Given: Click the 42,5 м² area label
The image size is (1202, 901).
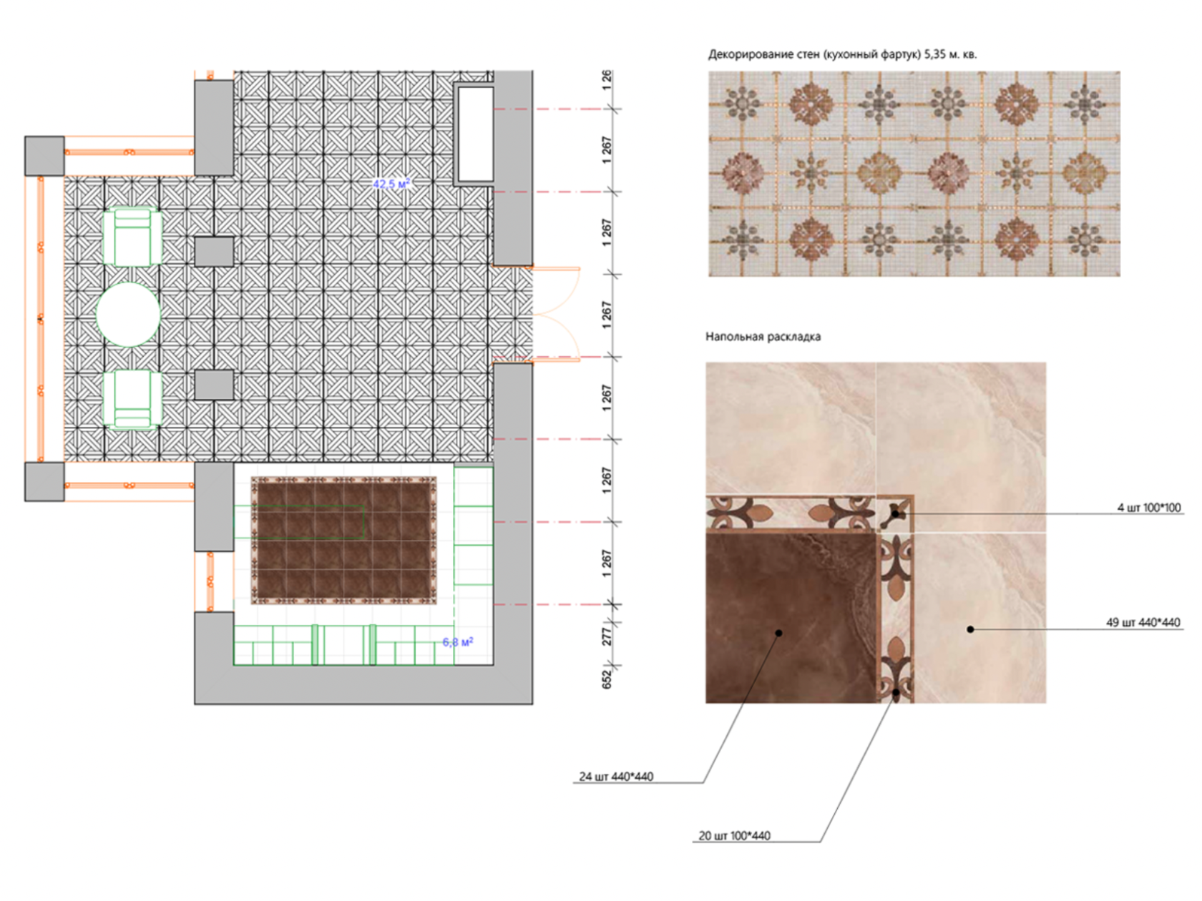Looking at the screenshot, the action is tap(391, 183).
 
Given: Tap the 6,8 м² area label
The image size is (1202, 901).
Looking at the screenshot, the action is tap(458, 641).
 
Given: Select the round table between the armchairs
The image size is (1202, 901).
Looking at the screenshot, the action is tap(128, 315).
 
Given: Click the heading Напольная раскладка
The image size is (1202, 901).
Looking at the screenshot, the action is tap(763, 336).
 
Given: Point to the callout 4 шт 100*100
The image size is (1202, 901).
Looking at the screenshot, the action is tap(1149, 507).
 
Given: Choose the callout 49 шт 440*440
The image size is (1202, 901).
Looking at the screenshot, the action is tap(1143, 622).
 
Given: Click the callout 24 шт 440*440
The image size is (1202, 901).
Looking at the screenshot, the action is tap(616, 777).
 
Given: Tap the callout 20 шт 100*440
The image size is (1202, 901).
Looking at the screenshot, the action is tap(734, 835).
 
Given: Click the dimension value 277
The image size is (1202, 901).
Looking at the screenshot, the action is tap(606, 636).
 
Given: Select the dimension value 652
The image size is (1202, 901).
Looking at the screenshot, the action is tap(606, 679).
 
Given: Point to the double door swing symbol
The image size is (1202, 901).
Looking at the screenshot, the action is tap(556, 315).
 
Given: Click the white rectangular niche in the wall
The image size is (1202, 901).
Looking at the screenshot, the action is tap(475, 134).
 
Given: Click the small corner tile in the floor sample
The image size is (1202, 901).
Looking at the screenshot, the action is tap(895, 513).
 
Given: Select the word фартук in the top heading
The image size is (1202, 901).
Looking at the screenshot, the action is tap(899, 55).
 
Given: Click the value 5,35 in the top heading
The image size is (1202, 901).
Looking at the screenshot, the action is tap(934, 55).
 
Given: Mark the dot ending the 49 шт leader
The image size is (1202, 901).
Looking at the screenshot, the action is tap(969, 629).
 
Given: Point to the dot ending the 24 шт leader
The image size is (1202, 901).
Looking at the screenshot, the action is tap(778, 633).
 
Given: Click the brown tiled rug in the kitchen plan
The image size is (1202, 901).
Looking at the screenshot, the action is tap(344, 541).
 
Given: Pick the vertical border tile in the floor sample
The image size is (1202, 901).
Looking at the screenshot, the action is tap(896, 618).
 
